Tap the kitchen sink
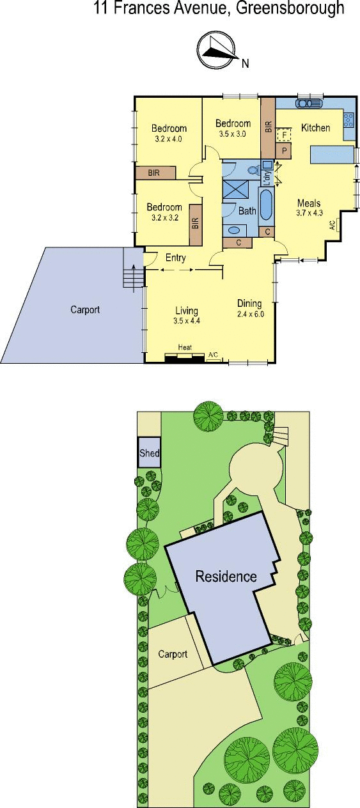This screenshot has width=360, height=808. (x=309, y=104)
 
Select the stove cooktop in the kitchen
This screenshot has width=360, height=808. (x=348, y=120)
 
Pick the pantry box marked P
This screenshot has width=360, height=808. (x=284, y=151)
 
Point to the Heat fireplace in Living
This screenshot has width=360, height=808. (x=184, y=357)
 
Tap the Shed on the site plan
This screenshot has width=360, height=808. (x=149, y=453)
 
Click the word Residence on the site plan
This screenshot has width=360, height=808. (x=226, y=576)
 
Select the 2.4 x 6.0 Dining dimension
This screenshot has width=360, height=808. (x=251, y=314)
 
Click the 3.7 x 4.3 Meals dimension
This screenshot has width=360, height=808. (x=309, y=213)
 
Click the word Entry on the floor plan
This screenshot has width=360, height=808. (x=176, y=258)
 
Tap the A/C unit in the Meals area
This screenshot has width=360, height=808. (x=334, y=225)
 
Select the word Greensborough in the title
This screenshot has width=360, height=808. (x=290, y=8)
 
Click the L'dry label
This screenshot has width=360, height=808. (x=267, y=178)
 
